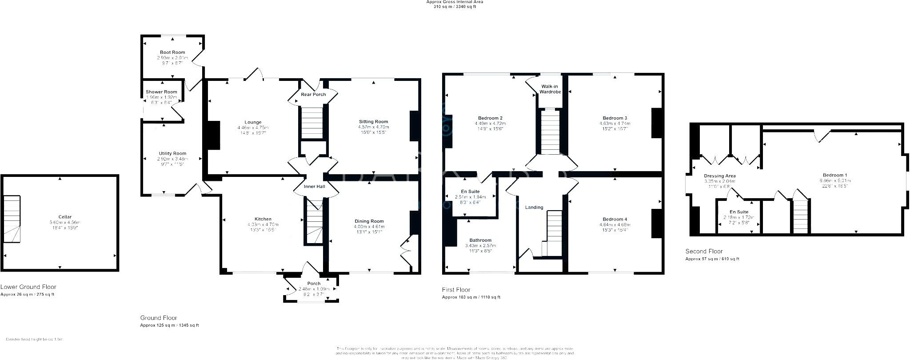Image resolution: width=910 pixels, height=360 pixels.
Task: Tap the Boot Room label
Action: (172, 52)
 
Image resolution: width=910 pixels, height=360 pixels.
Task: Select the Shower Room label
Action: (161, 92)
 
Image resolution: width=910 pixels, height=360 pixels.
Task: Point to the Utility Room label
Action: (172, 153)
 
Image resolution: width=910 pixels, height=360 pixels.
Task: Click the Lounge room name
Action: (253, 122)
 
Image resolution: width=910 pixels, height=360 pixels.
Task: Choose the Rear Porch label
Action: (313, 94)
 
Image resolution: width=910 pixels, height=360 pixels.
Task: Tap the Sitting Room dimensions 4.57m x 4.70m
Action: (373, 127)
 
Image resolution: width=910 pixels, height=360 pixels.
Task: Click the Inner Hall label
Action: (314, 186)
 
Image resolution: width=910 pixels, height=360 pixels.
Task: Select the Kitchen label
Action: (263, 219)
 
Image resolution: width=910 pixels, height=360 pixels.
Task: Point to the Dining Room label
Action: (369, 221)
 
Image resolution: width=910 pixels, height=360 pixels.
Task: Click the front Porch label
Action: (314, 284)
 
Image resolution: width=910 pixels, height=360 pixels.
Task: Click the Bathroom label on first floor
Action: (480, 240)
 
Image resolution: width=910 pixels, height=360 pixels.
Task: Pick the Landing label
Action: (534, 207)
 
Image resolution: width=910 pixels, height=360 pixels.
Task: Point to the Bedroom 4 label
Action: (615, 219)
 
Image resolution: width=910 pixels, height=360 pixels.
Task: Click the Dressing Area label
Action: (719, 176)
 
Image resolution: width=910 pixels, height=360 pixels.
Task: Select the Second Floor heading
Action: (704, 251)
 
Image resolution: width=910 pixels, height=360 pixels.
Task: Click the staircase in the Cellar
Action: (12, 219)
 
